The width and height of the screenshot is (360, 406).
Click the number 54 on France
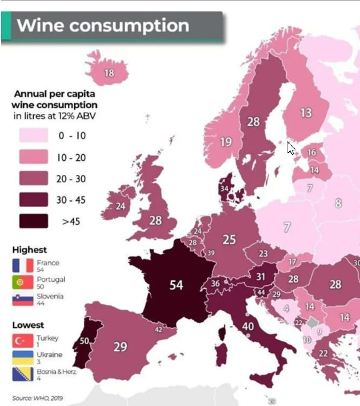coord(176,284)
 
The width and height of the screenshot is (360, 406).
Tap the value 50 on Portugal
coord(85,341)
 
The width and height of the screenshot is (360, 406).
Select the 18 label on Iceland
coord(109,73)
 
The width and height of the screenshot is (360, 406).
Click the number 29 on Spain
coord(120,347)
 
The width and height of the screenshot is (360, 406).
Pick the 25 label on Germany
coord(229,240)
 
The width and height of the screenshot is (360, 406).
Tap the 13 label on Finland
coord(306,113)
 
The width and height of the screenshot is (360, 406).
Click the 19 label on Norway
coord(226,142)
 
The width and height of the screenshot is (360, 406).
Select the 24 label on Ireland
coord(121,206)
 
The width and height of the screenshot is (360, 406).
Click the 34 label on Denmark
coord(224,189)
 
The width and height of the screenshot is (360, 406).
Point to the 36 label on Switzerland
coord(215,283)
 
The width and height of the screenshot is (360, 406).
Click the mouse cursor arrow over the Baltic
coord(291,148)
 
